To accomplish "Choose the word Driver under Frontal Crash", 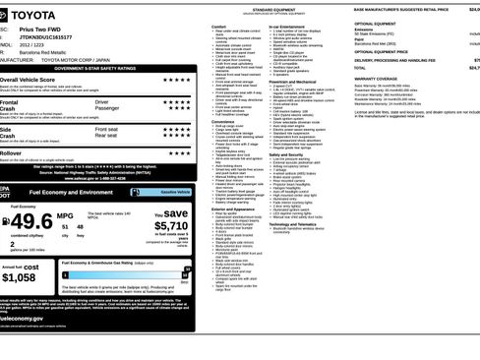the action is point(102,101).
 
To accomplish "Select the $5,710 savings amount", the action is point(171,226).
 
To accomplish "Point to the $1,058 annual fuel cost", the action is point(19,277).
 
